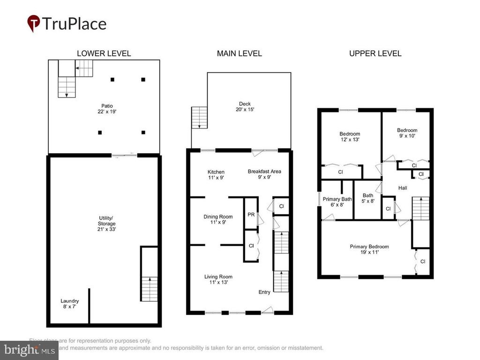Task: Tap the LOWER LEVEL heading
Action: tap(104, 53)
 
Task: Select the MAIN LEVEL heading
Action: tap(239, 53)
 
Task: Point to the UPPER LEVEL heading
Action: tap(375, 53)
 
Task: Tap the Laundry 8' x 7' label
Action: tap(69, 304)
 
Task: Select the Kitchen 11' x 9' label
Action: tap(216, 175)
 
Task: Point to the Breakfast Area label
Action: tap(264, 174)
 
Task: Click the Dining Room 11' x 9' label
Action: tap(218, 219)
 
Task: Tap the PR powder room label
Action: tap(251, 215)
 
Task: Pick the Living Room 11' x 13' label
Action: tap(218, 279)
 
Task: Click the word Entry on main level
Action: tap(264, 292)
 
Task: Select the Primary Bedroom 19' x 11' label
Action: tap(369, 249)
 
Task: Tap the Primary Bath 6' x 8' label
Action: tap(337, 202)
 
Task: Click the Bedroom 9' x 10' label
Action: tap(407, 133)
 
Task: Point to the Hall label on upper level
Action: tap(402, 188)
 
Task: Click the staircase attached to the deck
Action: tap(199, 117)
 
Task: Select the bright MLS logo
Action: tap(29, 350)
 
